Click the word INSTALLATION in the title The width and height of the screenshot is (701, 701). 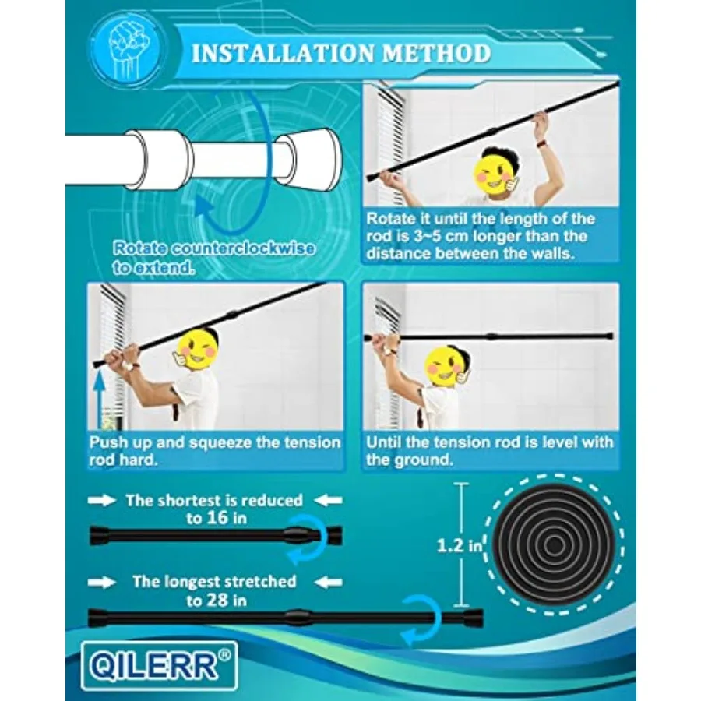coord(283,53)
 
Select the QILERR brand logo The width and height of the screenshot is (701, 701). coord(160,666)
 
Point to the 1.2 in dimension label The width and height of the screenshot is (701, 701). coord(460,545)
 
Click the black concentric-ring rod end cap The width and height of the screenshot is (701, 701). coord(555,544)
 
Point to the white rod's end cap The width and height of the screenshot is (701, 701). coord(308,160)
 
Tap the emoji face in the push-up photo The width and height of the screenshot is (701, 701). coord(197,350)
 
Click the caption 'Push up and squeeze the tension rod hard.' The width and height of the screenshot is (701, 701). coord(215,451)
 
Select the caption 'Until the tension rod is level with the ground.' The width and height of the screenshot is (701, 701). coord(490,451)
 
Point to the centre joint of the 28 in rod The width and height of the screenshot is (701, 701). coord(298,618)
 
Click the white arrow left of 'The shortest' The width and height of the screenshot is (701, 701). coord(102,501)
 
